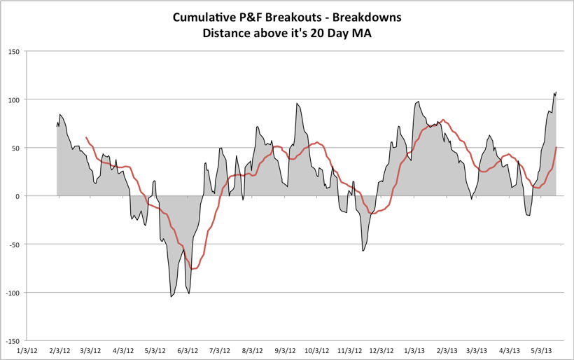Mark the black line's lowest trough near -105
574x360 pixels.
click(x=171, y=296)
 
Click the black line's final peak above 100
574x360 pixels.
click(x=556, y=92)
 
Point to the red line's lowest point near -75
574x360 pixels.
click(x=192, y=268)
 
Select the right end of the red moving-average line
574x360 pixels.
click(x=556, y=148)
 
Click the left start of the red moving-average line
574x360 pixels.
click(x=85, y=138)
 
